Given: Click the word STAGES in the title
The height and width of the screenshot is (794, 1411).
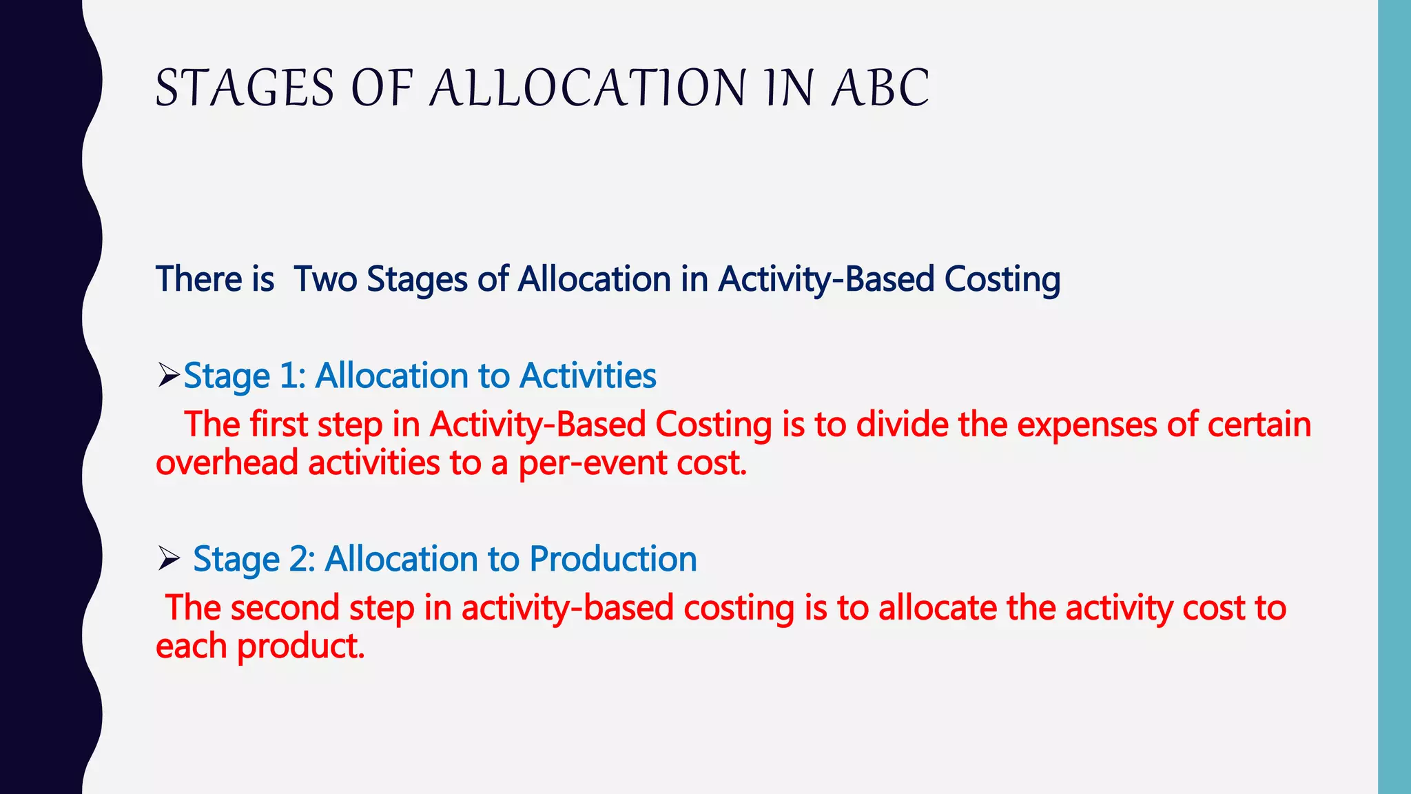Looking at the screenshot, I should click(245, 88).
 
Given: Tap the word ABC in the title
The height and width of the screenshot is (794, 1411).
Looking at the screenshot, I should click(880, 88).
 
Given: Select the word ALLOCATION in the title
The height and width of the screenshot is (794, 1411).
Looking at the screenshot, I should click(588, 88).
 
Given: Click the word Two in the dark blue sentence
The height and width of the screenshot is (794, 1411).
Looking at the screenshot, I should click(325, 279).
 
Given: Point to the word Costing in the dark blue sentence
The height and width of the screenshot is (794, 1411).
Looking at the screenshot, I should click(1002, 279).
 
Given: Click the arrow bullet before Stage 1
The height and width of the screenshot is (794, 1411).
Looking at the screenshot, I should click(168, 376).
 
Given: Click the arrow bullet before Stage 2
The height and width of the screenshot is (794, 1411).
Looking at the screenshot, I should click(168, 558).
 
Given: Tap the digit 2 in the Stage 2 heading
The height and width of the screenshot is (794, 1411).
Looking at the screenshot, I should click(300, 558).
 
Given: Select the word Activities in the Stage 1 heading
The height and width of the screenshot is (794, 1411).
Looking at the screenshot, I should click(588, 376).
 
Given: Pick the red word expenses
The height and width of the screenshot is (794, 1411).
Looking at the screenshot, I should click(1086, 424).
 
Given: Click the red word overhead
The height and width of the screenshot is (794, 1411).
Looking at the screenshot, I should click(227, 462).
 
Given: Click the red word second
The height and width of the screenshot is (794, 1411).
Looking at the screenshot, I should click(285, 608).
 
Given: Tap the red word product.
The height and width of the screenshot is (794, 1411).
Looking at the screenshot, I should click(300, 647).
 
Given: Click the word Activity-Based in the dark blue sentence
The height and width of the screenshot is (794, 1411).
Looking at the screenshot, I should click(826, 279).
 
